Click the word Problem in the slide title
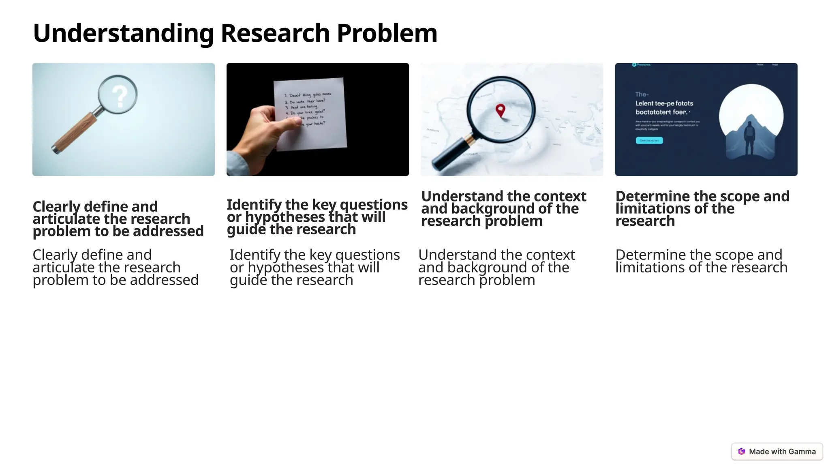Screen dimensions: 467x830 click(387, 33)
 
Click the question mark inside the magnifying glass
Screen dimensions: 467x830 click(119, 96)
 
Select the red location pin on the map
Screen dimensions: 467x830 click(501, 110)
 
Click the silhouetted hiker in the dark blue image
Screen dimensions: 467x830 click(750, 138)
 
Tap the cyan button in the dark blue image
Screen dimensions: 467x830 click(649, 140)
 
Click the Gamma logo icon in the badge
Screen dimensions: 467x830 click(742, 452)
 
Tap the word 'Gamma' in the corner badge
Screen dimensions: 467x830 click(802, 452)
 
